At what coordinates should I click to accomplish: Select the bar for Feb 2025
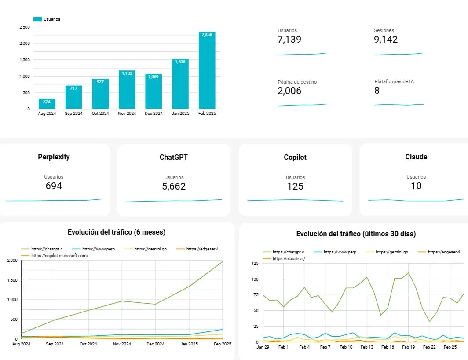click(x=207, y=70)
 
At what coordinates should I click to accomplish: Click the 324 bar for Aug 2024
click(x=47, y=104)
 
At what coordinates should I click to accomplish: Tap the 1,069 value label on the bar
click(x=154, y=77)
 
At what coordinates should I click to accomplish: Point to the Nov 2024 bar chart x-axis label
click(x=127, y=114)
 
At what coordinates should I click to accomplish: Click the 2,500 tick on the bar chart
click(x=25, y=27)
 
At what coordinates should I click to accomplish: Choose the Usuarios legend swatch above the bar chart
click(x=37, y=19)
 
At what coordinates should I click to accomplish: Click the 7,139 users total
click(x=289, y=40)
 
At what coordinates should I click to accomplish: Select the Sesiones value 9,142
click(x=386, y=40)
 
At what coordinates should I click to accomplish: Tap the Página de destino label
click(x=297, y=82)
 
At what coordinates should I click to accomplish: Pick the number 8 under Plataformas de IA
click(x=377, y=91)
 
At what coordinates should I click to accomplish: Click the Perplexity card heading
click(x=54, y=157)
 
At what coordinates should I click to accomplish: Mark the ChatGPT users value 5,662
click(x=174, y=186)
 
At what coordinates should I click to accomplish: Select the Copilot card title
click(x=295, y=157)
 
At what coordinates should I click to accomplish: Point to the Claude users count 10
click(x=416, y=186)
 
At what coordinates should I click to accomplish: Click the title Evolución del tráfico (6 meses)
click(x=117, y=232)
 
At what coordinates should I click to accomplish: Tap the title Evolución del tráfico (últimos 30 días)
click(x=356, y=234)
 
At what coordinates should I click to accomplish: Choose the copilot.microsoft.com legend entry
click(x=59, y=255)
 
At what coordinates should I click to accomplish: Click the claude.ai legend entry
click(x=289, y=258)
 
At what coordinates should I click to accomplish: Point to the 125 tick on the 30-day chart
click(x=254, y=264)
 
